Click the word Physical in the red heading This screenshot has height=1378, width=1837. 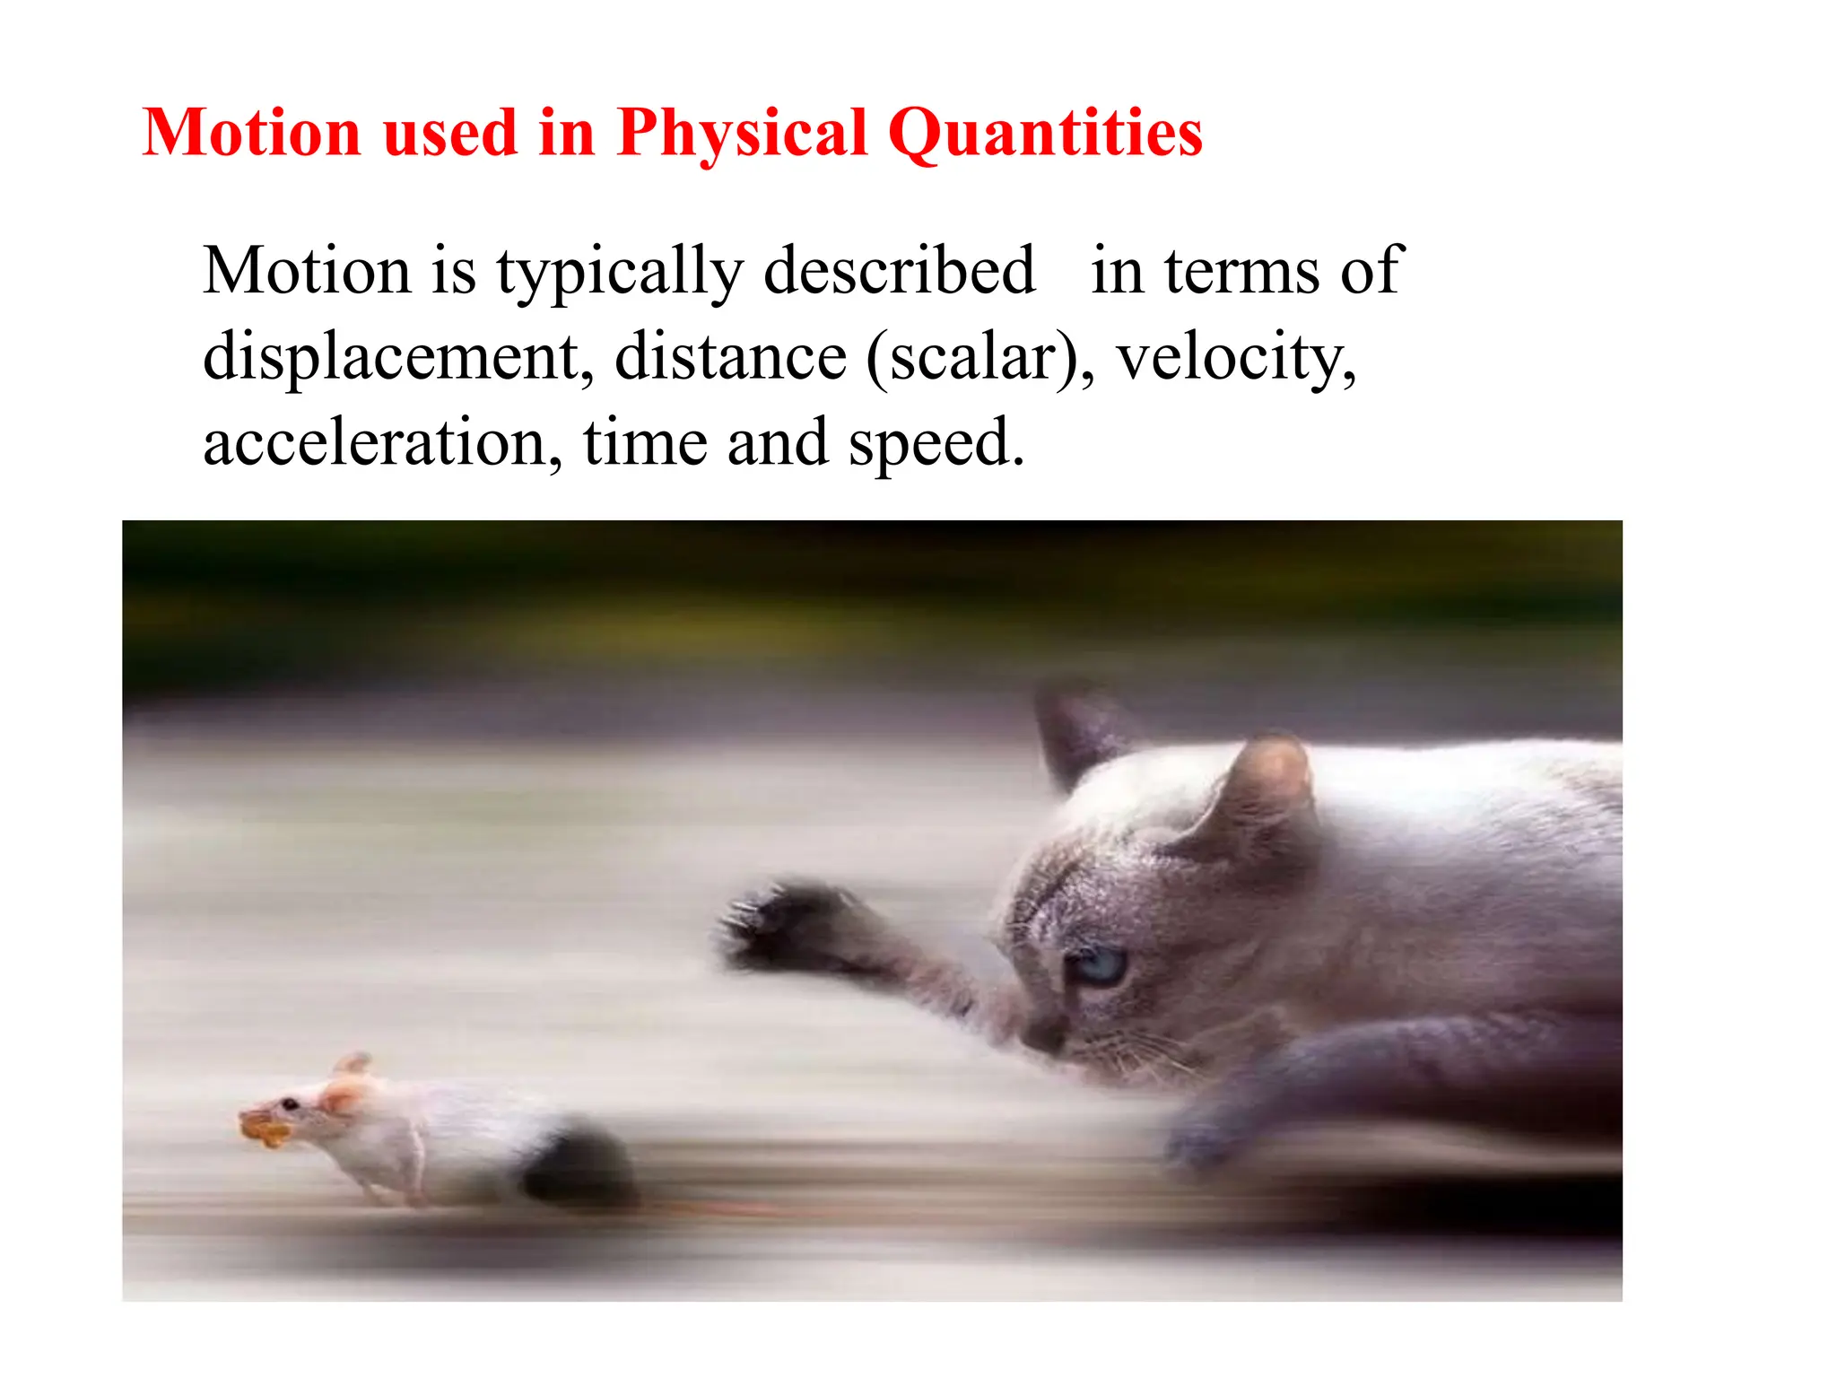click(742, 134)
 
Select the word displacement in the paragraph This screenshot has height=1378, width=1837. click(397, 357)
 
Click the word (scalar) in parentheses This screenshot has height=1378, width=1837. click(979, 357)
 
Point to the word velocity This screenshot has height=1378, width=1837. click(1236, 357)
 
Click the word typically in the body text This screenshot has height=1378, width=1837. click(620, 270)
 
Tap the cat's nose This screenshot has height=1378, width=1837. click(1040, 1038)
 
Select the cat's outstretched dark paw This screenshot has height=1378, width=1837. click(789, 929)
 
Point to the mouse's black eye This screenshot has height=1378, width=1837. click(290, 1103)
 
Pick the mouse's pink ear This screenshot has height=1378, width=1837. click(344, 1096)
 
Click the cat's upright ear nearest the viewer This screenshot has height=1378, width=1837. click(1265, 789)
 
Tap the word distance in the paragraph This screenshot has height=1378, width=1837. click(730, 357)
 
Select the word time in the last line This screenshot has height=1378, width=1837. click(645, 442)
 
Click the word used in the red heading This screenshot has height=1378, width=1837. click(450, 134)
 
